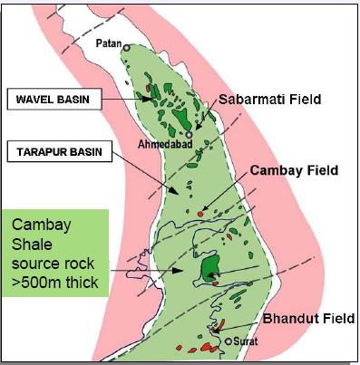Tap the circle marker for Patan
128,49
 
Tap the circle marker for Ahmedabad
188,134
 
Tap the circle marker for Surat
229,341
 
